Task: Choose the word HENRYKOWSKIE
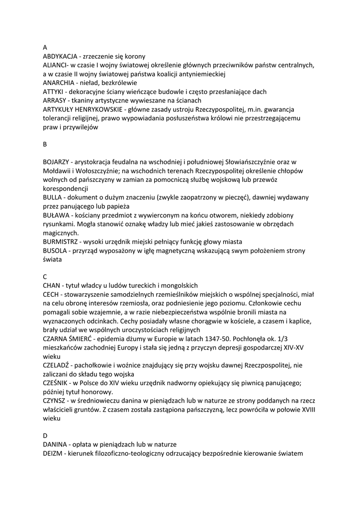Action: pos(102,109)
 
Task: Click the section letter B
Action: pos(45,144)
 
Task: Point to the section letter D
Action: pos(45,435)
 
